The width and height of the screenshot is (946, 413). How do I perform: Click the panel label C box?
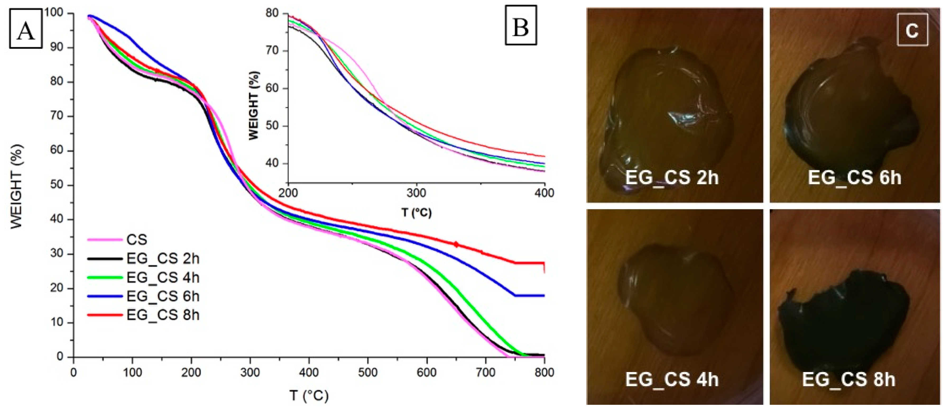pos(912,30)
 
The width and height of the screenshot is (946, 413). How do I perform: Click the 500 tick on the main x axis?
pos(368,372)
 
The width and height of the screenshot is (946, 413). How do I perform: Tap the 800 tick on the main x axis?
pos(544,372)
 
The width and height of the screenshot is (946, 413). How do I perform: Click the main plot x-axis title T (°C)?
pos(309,396)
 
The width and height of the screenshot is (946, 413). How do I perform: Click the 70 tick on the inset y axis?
pos(272,51)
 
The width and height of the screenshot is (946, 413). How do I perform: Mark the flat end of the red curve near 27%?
pos(529,263)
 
